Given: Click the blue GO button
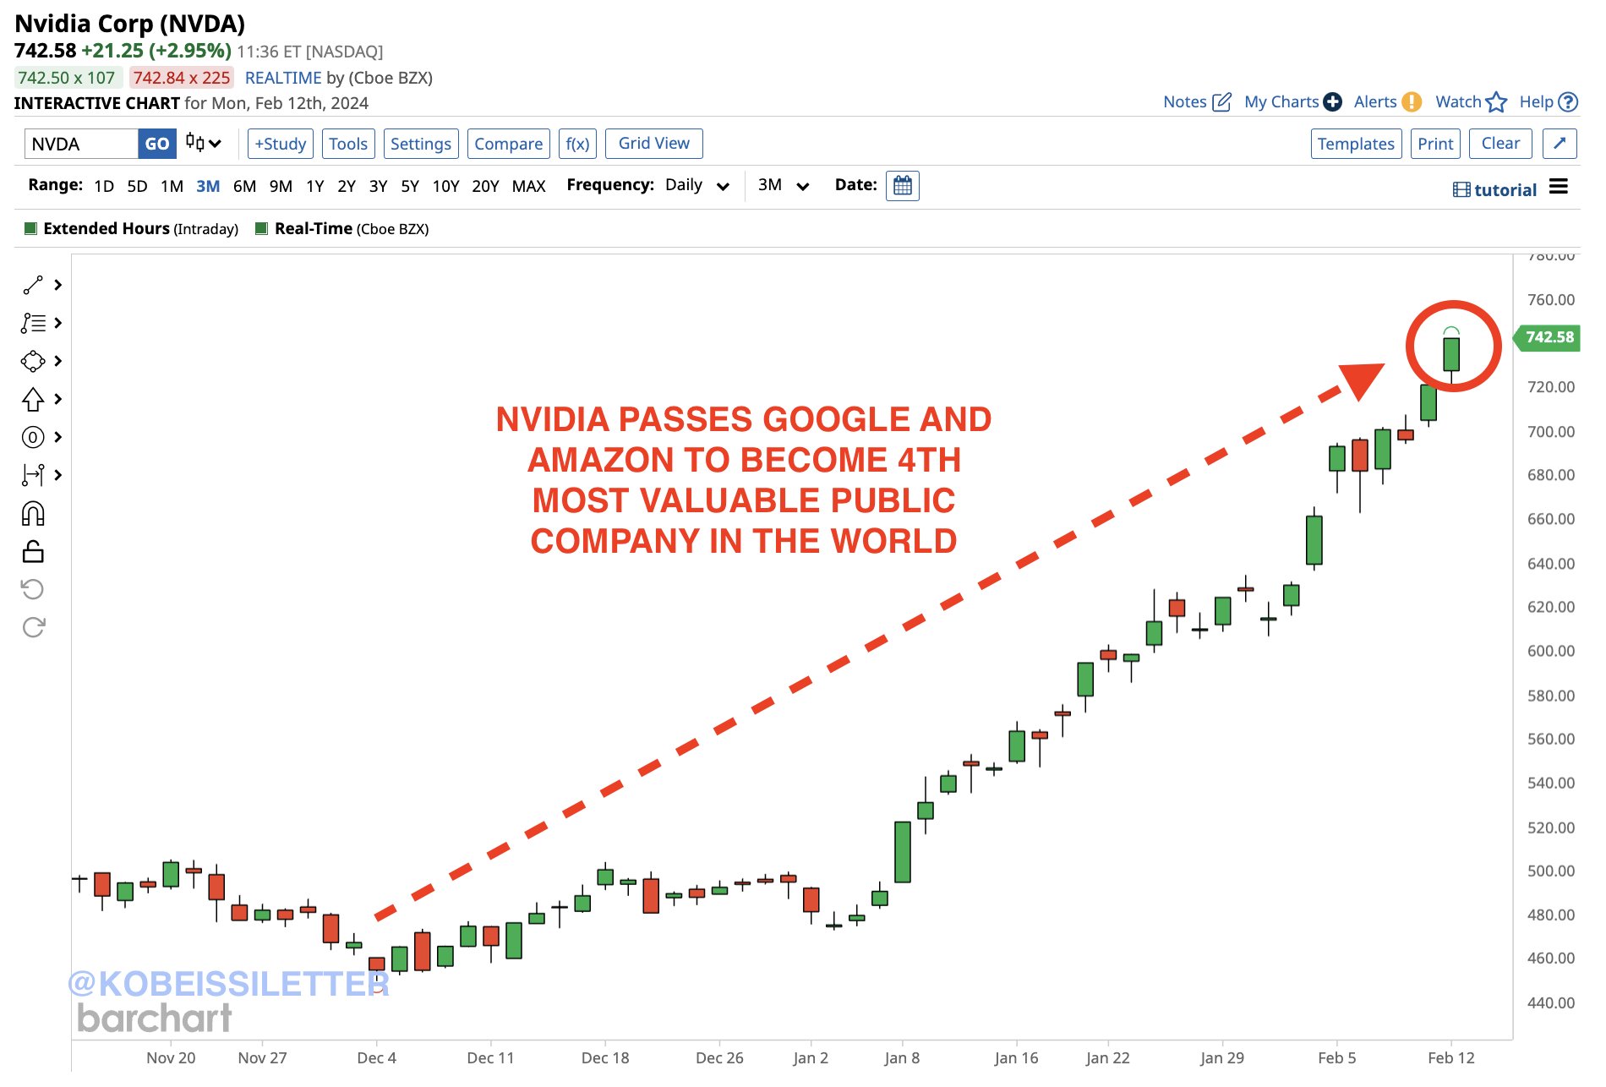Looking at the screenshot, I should (x=156, y=144).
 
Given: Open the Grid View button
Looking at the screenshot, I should (x=653, y=144).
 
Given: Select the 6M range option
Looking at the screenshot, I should (x=244, y=186).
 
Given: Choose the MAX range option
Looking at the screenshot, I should (x=528, y=186).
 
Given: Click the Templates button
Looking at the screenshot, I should (x=1355, y=144).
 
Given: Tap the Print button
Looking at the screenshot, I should (x=1435, y=144).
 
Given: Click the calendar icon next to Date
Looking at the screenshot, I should (x=902, y=186).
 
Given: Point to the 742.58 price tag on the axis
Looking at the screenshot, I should (x=1549, y=337).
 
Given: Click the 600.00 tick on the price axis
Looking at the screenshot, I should (x=1550, y=651).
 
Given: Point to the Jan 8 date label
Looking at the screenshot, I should (x=902, y=1057).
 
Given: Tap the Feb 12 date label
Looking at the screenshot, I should (x=1450, y=1057).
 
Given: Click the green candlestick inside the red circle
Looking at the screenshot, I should (x=1451, y=354).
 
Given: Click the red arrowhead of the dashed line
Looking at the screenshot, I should (x=1361, y=380).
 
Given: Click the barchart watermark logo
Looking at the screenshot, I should (x=155, y=1018).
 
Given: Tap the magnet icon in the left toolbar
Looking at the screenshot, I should (x=33, y=513).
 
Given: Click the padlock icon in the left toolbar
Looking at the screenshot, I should (x=33, y=552).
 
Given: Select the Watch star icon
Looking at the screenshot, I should (x=1496, y=102).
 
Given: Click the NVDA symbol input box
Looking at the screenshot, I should (x=81, y=144).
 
